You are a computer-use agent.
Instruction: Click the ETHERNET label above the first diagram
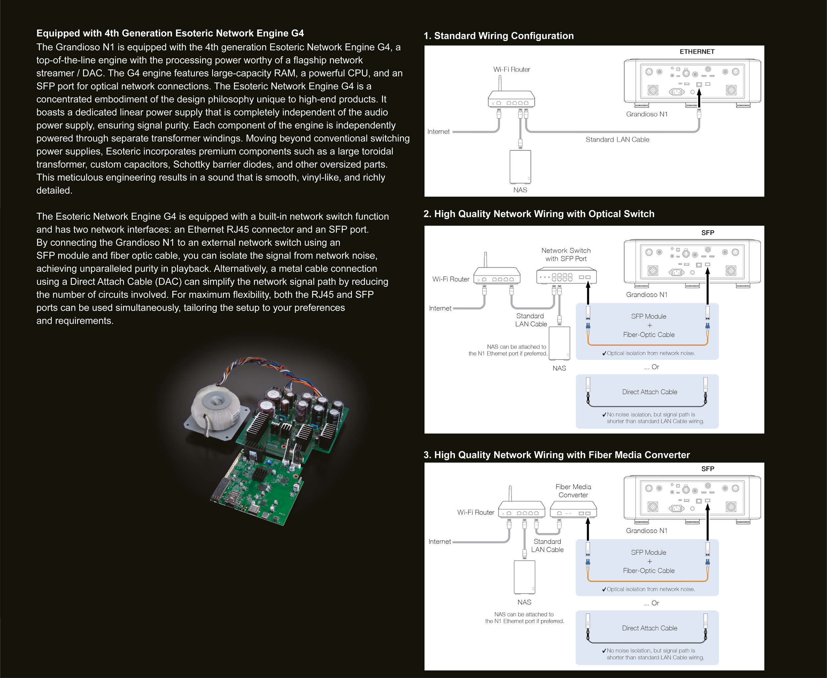(697, 52)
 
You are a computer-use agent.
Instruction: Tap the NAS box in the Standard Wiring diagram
(520, 167)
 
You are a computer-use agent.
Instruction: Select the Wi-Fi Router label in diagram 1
(511, 70)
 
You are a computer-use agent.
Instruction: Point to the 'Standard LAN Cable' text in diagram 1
(617, 139)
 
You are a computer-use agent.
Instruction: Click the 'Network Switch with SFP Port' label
(566, 254)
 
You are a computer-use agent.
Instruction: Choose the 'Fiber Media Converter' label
(573, 491)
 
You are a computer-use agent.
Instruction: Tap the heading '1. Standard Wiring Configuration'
(499, 36)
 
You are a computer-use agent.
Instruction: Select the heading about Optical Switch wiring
(539, 214)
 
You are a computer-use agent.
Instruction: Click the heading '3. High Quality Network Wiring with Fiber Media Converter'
(556, 455)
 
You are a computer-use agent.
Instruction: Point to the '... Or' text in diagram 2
(651, 367)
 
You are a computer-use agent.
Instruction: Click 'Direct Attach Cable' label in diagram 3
(649, 628)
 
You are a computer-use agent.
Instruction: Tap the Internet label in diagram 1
(438, 132)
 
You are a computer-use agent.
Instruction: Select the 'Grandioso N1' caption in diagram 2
(647, 295)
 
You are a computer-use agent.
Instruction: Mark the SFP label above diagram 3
(707, 469)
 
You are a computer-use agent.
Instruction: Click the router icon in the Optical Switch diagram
(497, 276)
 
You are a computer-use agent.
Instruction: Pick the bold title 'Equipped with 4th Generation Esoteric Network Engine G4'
(170, 33)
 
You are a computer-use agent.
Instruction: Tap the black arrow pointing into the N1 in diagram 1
(699, 98)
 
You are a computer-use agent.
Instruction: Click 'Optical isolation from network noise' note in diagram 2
(651, 353)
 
